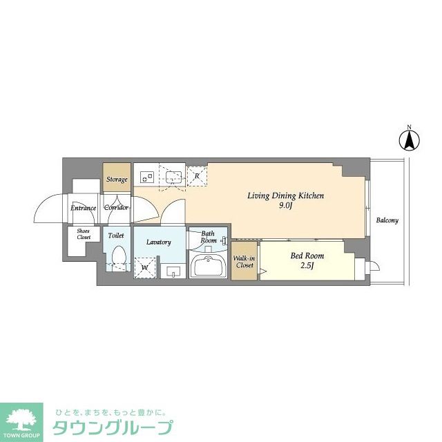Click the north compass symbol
[409, 140]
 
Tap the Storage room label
[117, 180]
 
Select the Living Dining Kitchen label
[286, 195]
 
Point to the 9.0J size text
[286, 205]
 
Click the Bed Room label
[307, 256]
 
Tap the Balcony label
[387, 221]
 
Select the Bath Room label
[209, 237]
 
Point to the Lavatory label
[158, 242]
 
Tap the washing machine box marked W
[146, 266]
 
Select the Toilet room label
[116, 236]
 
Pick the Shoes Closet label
[84, 235]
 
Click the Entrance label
[84, 207]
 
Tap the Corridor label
[117, 207]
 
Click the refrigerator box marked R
[197, 177]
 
